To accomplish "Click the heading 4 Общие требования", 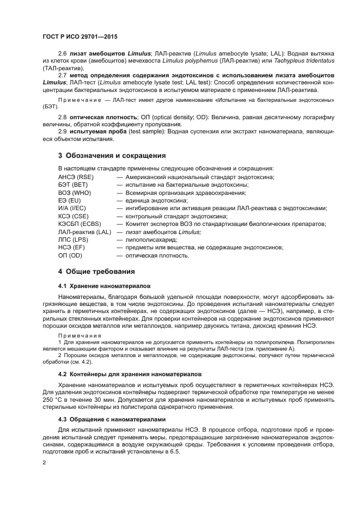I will pos(96,271).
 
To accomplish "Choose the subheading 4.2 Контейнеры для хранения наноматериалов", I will pos(130,374).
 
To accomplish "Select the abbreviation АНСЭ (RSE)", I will pos(76,177).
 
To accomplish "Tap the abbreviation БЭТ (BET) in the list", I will pos(73,185).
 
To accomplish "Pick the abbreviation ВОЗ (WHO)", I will pos(75,193).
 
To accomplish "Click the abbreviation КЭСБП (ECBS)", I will pos(80,224).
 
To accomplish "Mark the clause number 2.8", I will pos(62,117).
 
